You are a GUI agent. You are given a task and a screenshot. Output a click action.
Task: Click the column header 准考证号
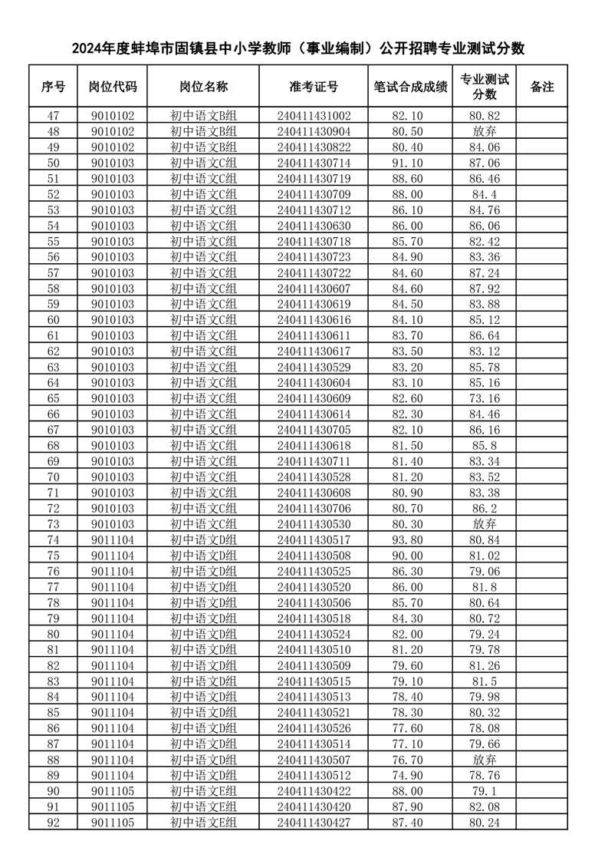pos(313,87)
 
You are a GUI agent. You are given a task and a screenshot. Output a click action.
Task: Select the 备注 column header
pos(541,87)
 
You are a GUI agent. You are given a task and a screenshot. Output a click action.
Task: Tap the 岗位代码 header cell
pos(112,87)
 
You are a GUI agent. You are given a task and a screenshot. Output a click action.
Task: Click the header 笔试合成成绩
pos(409,87)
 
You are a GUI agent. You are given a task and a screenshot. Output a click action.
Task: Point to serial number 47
pos(53,116)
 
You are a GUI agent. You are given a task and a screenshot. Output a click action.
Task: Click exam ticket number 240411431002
pos(313,116)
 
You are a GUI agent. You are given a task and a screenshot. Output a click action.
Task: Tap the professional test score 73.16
pos(484,398)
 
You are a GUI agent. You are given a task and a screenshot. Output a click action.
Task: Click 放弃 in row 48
pos(484,131)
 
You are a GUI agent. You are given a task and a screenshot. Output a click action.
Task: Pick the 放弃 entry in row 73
pos(484,523)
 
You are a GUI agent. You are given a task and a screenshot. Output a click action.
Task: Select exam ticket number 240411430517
pos(313,539)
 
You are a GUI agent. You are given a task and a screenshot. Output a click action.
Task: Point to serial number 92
pos(53,822)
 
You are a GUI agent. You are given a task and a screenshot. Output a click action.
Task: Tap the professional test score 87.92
pos(484,289)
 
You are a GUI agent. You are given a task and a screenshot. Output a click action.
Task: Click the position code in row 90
pos(112,790)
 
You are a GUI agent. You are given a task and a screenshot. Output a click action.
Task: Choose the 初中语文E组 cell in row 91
pos(203,807)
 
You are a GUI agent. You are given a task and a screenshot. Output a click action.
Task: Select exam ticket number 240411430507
pos(313,759)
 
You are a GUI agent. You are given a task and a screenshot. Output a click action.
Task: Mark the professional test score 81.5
pos(484,681)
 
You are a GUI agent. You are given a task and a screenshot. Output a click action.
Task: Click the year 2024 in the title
pos(88,48)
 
